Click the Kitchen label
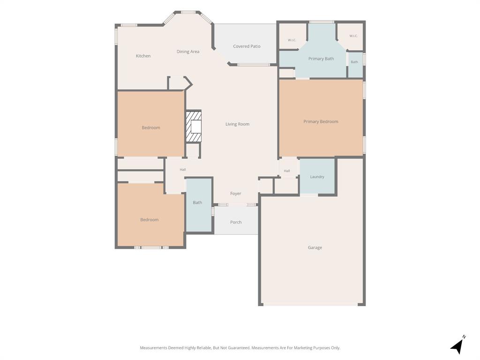click(143, 56)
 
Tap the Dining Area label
click(188, 52)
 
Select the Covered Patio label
click(247, 46)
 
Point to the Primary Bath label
click(321, 59)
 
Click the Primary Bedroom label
click(321, 121)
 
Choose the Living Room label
click(237, 124)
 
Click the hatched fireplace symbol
click(194, 127)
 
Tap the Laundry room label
click(317, 177)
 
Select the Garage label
click(315, 247)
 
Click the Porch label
click(236, 222)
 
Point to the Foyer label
click(235, 194)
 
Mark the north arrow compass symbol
click(457, 345)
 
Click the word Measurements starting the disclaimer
click(153, 348)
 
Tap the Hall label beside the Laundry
click(287, 171)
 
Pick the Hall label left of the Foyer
click(182, 170)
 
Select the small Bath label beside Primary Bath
click(354, 62)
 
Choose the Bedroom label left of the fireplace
click(150, 127)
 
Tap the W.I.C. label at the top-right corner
click(353, 36)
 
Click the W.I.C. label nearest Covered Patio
click(292, 40)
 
